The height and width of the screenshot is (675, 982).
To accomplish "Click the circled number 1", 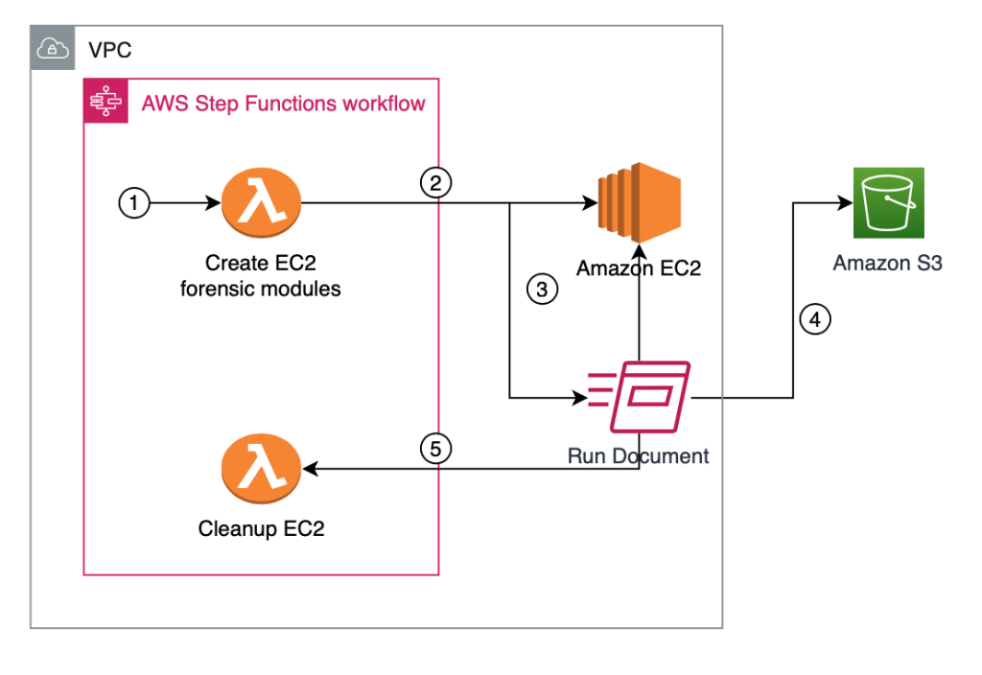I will tap(134, 203).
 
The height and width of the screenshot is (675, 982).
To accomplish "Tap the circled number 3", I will tap(542, 291).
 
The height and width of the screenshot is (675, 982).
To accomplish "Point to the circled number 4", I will tap(814, 320).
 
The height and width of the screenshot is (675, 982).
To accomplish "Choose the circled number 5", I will tap(435, 449).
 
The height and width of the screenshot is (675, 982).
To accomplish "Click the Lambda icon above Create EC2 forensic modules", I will tap(261, 203).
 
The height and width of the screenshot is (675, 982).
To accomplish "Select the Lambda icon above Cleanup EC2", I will tap(261, 469).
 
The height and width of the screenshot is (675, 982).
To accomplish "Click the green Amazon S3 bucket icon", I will tap(889, 203).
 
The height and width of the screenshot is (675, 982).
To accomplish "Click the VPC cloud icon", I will tap(53, 48).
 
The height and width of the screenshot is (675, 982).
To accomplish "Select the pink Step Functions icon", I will tap(105, 102).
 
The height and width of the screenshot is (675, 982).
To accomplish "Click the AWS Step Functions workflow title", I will tap(283, 104).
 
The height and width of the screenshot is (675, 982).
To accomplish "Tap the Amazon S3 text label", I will tap(887, 263).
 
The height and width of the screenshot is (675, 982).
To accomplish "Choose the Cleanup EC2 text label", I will tap(261, 528).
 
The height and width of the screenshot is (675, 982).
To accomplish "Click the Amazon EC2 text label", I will tap(638, 268).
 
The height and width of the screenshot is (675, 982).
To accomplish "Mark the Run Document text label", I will tap(638, 455).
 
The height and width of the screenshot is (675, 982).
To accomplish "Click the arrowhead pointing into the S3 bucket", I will tap(848, 203).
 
